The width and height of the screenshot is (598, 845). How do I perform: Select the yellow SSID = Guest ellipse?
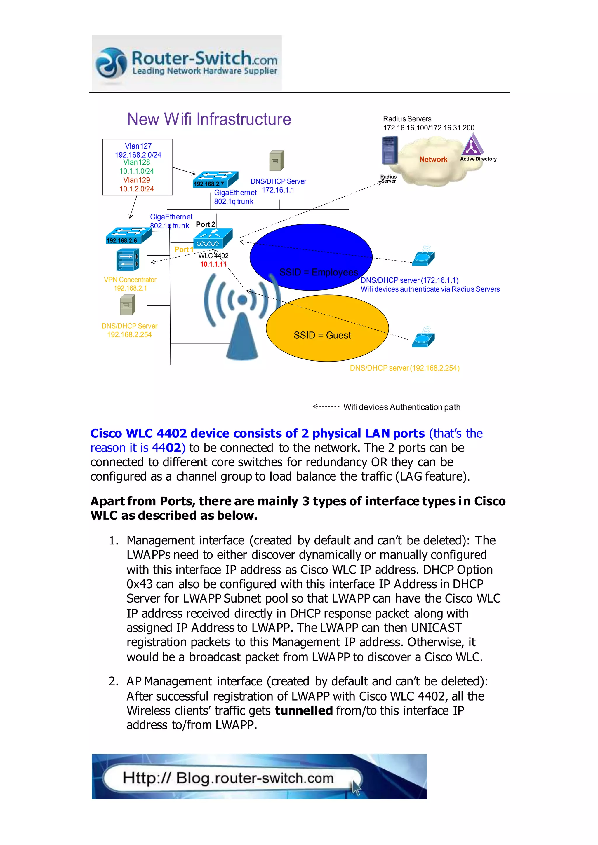coord(327,328)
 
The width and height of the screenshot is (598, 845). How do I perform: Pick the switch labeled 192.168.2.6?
coord(128,235)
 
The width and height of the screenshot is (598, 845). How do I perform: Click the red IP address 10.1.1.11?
coord(213,264)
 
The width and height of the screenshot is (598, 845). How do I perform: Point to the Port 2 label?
coord(205,224)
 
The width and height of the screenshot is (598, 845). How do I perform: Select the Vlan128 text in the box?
coord(137,162)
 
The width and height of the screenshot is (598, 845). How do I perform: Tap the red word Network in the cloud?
coord(433,159)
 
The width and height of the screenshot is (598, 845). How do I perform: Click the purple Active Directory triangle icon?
coord(472,145)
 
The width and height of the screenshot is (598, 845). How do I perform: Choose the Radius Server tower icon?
coord(390,150)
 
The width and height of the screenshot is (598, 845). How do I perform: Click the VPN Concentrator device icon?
coord(127,260)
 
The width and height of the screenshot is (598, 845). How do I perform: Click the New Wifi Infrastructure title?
coord(209,119)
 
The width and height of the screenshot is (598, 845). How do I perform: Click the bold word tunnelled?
coord(304,710)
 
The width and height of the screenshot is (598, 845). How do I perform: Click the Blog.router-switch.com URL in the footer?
coord(228,778)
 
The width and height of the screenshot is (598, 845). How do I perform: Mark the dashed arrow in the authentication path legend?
coord(326,406)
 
